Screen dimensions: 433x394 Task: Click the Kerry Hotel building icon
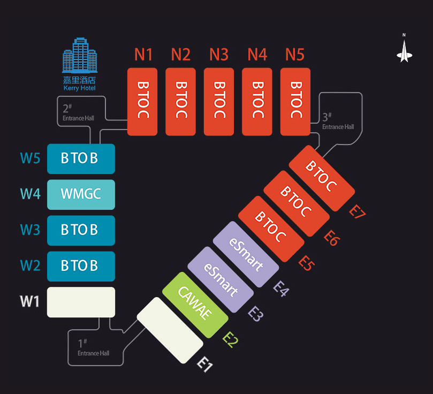click(80, 55)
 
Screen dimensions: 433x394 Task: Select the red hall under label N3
click(219, 102)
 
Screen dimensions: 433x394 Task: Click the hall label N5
click(295, 55)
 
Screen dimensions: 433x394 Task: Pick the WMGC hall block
click(81, 195)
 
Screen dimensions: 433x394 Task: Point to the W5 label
click(30, 158)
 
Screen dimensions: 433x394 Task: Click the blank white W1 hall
click(81, 302)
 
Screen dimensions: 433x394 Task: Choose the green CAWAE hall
click(195, 305)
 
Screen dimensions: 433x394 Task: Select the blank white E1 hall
click(170, 330)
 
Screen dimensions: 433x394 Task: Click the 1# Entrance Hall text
click(93, 347)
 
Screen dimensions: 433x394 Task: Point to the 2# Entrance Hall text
click(79, 112)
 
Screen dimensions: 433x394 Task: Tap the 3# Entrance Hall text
click(338, 121)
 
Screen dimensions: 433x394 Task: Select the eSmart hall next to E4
click(246, 254)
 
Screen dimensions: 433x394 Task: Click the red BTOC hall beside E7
click(322, 178)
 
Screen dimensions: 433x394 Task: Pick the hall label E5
click(307, 263)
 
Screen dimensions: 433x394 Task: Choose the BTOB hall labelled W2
click(81, 266)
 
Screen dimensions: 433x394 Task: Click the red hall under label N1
click(142, 102)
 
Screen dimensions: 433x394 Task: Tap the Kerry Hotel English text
click(80, 88)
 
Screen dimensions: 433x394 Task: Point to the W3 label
click(30, 230)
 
